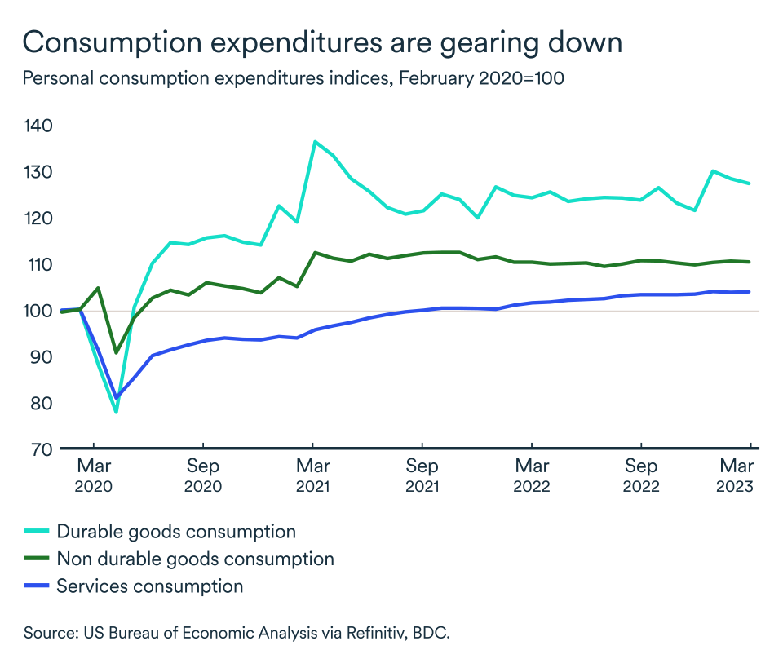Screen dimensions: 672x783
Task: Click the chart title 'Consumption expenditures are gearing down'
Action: (x=322, y=43)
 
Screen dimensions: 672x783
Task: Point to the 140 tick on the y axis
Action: (x=38, y=126)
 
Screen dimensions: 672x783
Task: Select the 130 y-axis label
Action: (x=38, y=173)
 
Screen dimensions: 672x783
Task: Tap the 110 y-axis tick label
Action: (x=38, y=265)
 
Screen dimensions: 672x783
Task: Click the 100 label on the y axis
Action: (x=38, y=312)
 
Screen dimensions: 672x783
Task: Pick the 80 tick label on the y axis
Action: (x=38, y=404)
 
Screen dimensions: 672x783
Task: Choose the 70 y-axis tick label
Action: (x=38, y=449)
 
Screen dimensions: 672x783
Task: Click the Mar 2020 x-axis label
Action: (x=94, y=476)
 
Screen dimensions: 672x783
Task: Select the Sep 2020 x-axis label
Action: (x=203, y=476)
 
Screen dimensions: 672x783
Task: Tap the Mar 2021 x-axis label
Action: (x=312, y=476)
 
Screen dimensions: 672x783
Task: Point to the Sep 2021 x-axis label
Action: (x=422, y=476)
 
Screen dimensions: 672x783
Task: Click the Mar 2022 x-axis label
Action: (x=531, y=476)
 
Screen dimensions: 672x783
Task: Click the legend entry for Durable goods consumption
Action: (x=175, y=532)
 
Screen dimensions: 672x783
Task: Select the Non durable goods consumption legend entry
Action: (x=195, y=559)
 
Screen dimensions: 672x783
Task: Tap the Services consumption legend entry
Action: (x=149, y=586)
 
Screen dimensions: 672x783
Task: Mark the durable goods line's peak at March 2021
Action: (x=315, y=142)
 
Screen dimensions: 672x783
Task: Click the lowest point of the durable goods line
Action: (x=116, y=412)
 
